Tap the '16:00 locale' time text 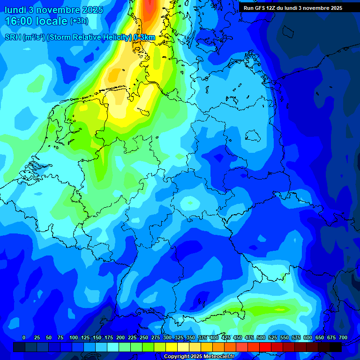coord(36,21)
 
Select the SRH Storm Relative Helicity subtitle coord(80,37)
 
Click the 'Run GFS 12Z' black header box coord(292,8)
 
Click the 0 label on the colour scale coord(24,337)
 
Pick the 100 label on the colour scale coord(74,337)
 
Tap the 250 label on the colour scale coord(144,337)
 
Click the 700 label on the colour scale coord(343,337)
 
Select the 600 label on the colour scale coord(308,337)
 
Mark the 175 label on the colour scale coord(109,337)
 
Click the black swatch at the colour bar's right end coord(336,347)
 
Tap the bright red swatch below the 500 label coord(265,347)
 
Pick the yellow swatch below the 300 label coord(172,347)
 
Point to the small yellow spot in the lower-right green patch coord(280,309)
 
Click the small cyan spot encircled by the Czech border coord(190,203)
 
